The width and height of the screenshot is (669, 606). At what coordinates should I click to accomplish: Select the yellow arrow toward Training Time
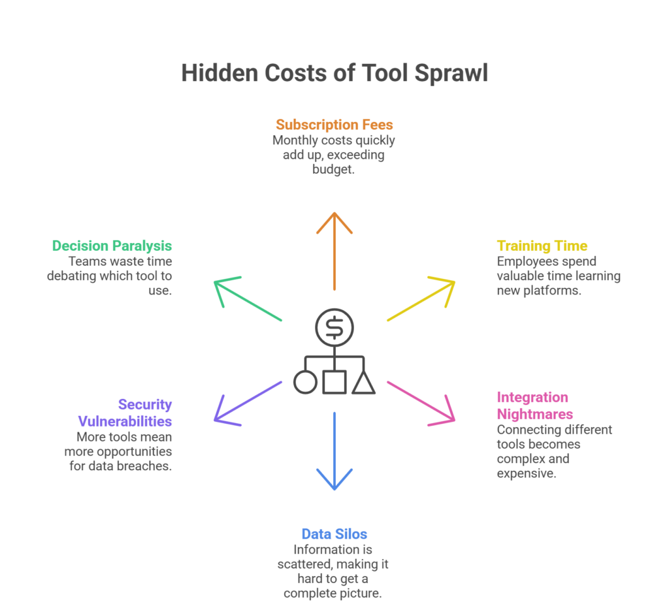[421, 300]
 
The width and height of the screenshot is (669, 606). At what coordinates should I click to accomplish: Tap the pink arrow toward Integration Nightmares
[421, 402]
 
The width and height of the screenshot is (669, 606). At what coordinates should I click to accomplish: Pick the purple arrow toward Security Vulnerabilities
[248, 402]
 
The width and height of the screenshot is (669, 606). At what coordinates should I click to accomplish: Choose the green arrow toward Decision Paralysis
[248, 300]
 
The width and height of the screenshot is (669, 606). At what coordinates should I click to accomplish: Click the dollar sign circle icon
[334, 327]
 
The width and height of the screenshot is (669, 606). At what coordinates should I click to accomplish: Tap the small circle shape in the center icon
[305, 383]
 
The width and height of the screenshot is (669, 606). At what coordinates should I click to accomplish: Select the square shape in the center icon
[334, 383]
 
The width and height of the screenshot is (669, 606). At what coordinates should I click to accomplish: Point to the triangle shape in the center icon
[364, 383]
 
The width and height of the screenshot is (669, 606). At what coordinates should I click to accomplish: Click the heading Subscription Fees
[334, 125]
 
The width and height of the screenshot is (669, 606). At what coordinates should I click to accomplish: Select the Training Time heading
[542, 246]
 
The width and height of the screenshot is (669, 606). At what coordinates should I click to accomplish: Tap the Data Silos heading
[334, 534]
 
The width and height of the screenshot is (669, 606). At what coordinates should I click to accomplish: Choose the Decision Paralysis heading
[112, 246]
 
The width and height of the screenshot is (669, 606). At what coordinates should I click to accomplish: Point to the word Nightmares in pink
[534, 414]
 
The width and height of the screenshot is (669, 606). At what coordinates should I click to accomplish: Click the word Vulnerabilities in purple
[125, 421]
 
